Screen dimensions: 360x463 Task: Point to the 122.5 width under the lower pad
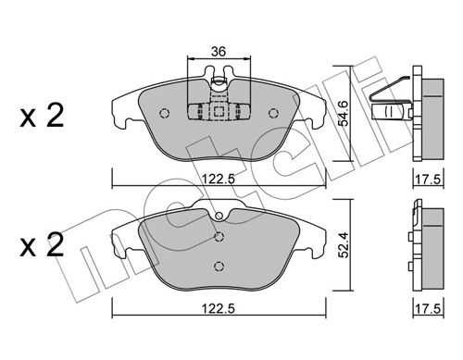pyautogui.click(x=217, y=307)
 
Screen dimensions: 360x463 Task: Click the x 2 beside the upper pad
pyautogui.click(x=43, y=118)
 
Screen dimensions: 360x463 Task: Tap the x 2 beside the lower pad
pyautogui.click(x=43, y=246)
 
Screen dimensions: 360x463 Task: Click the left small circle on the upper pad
pyautogui.click(x=164, y=115)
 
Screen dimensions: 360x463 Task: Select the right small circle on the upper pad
pyautogui.click(x=273, y=115)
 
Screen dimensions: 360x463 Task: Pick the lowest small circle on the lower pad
pyautogui.click(x=218, y=267)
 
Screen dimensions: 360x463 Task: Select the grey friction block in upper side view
pyautogui.click(x=431, y=117)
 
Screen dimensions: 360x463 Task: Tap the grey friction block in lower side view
pyautogui.click(x=430, y=245)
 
